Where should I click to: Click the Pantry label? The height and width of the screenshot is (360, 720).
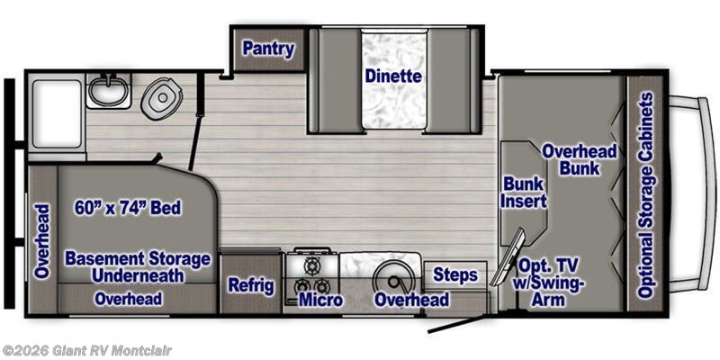click(268, 49)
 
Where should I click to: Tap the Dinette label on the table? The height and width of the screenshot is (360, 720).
click(393, 76)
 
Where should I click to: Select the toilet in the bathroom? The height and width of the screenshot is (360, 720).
click(161, 98)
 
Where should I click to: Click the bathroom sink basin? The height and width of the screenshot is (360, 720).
click(108, 91)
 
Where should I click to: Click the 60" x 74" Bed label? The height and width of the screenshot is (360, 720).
click(128, 208)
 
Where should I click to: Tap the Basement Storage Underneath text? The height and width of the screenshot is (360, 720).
click(138, 266)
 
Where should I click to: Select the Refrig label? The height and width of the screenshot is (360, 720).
click(251, 285)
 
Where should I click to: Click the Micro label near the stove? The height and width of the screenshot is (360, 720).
click(321, 300)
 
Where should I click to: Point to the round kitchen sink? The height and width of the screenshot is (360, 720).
click(393, 278)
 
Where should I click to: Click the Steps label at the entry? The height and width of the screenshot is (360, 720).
click(455, 275)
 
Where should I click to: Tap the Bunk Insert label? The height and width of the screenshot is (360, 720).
click(524, 193)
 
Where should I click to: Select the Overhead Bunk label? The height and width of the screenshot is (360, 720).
click(579, 159)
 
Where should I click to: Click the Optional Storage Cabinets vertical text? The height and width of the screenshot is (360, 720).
click(646, 195)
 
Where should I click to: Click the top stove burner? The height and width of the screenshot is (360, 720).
click(312, 265)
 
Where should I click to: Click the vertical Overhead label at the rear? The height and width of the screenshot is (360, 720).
click(41, 241)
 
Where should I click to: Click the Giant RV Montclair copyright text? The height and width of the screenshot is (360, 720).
click(86, 351)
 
